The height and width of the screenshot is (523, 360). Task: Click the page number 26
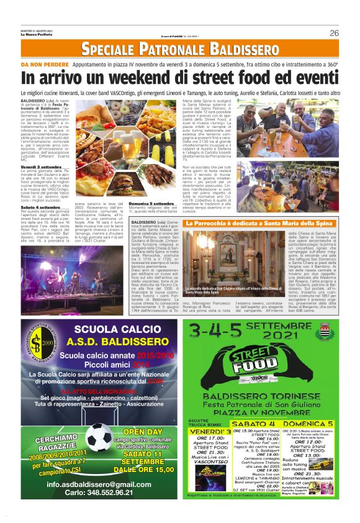pyautogui.click(x=334, y=33)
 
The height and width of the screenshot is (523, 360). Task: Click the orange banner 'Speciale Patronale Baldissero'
pyautogui.click(x=179, y=49)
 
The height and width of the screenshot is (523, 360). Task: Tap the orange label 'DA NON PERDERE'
pyautogui.click(x=43, y=64)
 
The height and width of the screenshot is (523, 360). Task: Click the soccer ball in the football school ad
pyautogui.click(x=98, y=438)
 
